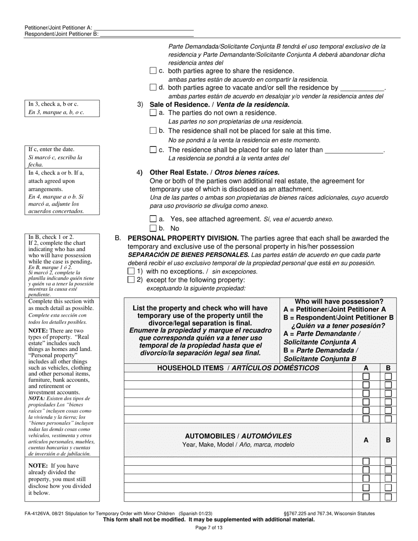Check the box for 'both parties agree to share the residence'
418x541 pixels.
153,71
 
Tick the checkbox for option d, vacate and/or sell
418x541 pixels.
153,88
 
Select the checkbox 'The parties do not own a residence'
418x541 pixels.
153,113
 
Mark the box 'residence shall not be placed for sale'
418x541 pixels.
153,131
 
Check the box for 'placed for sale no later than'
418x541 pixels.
153,150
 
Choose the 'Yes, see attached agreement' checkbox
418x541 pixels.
153,219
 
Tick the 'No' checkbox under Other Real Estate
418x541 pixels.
153,228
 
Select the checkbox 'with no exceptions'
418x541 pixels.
131,271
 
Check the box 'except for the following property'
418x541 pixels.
131,280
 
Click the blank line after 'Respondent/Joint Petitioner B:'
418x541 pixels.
147,34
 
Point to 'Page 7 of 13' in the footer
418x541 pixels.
209,528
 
